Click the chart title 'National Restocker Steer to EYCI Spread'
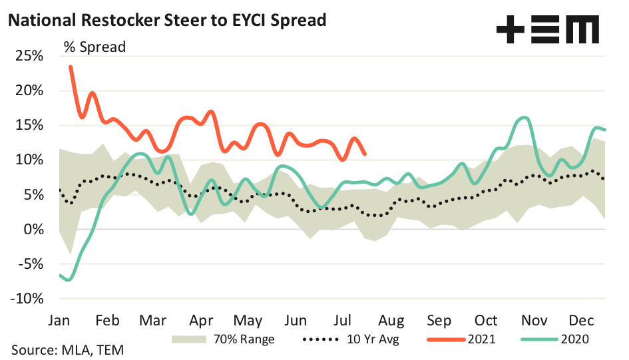point(166,20)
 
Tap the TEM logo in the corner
point(547,30)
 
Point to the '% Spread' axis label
point(95,47)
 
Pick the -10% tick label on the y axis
point(26,298)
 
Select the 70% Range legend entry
point(223,339)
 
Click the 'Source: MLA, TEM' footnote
point(67,349)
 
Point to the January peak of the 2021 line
point(71,67)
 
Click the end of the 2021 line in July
point(365,154)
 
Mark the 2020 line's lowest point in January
point(69,280)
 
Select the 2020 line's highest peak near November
point(525,118)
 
